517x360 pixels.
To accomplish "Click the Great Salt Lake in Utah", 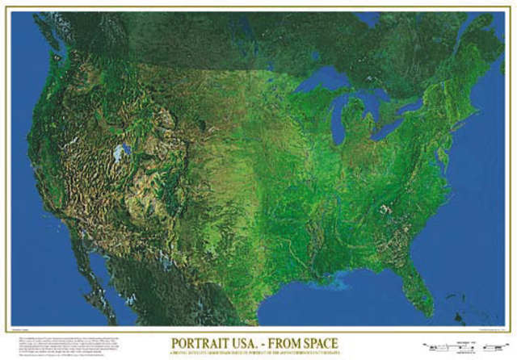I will tap(122, 152).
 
